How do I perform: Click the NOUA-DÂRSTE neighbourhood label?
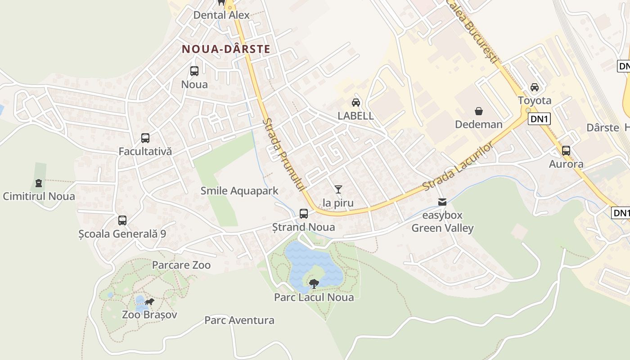click(226, 49)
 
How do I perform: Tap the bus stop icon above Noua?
click(194, 71)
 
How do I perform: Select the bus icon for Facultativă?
click(145, 138)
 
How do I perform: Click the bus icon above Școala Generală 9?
click(122, 220)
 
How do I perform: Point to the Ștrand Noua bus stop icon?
click(304, 214)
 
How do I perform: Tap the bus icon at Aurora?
click(566, 151)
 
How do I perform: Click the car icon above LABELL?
click(355, 103)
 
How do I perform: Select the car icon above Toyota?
click(535, 87)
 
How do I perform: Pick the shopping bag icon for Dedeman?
click(479, 111)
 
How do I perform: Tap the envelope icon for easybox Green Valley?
click(443, 202)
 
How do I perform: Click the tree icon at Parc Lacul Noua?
click(314, 283)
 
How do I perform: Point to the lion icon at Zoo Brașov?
click(149, 301)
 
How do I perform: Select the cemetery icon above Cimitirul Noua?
click(39, 183)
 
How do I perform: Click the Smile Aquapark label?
click(239, 191)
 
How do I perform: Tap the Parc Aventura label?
click(239, 320)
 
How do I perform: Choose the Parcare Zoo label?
click(181, 265)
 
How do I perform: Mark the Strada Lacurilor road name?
click(458, 167)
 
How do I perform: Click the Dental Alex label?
click(221, 15)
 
